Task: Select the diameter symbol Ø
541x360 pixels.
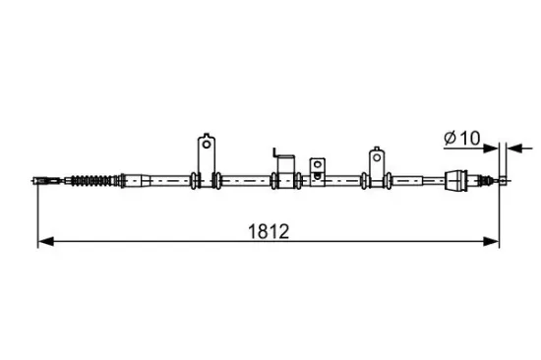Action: point(448,139)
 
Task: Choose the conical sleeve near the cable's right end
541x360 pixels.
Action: point(456,180)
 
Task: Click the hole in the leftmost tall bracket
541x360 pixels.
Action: point(206,145)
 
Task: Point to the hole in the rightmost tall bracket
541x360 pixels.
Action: point(376,155)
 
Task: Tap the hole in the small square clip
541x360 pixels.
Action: point(316,164)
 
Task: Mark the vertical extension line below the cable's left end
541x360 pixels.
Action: point(37,216)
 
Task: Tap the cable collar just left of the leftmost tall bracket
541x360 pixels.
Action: point(195,180)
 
